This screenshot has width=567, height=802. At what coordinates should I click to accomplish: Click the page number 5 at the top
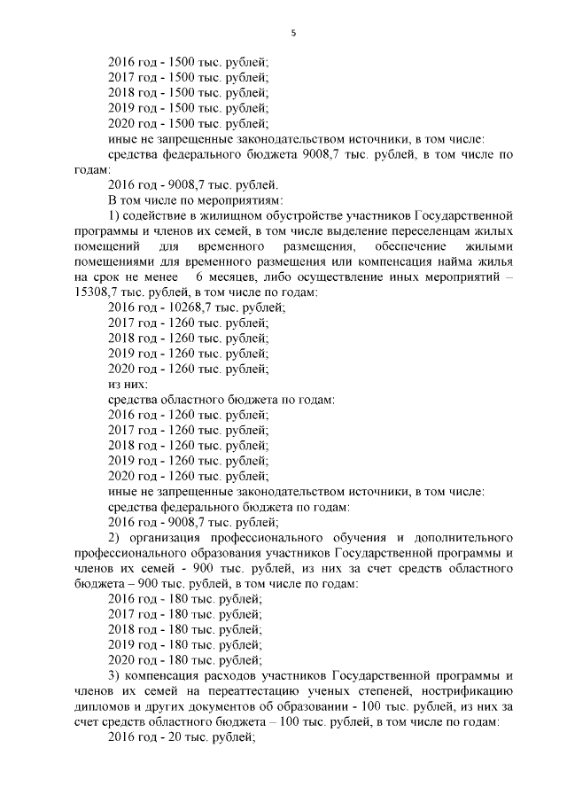[x=293, y=34]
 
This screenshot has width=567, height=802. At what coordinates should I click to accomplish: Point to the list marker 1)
[x=113, y=215]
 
